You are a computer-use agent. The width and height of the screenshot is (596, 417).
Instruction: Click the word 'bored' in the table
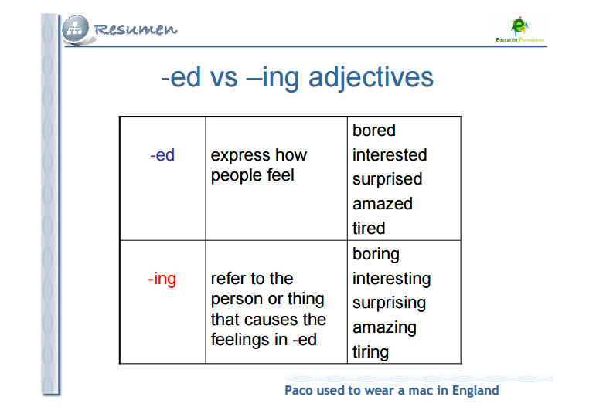tap(374, 131)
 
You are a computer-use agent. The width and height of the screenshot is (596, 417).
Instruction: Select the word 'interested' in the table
tap(390, 155)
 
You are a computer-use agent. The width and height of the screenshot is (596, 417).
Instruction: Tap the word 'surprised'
tap(387, 180)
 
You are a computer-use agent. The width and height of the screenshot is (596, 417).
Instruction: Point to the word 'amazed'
tap(383, 204)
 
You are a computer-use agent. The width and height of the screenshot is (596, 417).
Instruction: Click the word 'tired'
tap(369, 229)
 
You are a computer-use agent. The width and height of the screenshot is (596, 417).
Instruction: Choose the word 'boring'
tap(376, 255)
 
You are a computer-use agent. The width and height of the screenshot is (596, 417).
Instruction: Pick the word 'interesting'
tap(391, 279)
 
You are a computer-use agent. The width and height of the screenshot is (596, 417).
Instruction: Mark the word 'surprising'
tap(390, 303)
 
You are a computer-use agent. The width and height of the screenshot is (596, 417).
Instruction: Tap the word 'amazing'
tap(384, 328)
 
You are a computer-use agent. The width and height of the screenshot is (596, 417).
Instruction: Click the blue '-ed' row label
tap(162, 155)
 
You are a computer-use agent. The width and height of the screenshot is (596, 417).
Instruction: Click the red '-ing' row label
tap(162, 280)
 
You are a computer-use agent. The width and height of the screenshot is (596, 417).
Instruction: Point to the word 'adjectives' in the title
tap(370, 78)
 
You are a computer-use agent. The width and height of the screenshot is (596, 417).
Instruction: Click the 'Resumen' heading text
tap(135, 29)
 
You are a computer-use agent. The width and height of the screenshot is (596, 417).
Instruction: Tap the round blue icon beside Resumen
tap(76, 29)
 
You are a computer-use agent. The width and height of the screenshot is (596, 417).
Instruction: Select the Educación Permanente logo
tap(519, 29)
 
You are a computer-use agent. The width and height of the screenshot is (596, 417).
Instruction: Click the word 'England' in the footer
tap(475, 391)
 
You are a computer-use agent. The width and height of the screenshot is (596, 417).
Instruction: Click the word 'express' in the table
tap(240, 156)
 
